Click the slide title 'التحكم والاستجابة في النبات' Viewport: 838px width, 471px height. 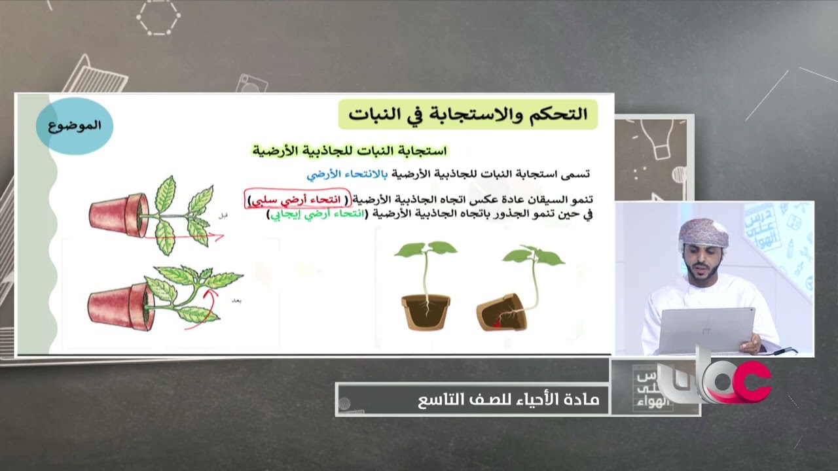point(467,115)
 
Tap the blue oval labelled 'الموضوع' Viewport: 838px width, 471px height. point(74,126)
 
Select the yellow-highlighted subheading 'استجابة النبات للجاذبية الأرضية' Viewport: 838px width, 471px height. point(350,151)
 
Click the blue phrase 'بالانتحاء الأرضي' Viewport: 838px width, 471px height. point(347,174)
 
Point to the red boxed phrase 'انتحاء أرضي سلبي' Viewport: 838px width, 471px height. point(297,199)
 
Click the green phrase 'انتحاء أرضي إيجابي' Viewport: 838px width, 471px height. point(317,215)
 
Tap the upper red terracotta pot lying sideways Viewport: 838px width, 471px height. point(118,214)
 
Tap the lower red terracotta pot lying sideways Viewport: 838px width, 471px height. point(118,304)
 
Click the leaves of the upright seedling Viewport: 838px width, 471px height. point(426,249)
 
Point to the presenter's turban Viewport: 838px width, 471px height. point(703,232)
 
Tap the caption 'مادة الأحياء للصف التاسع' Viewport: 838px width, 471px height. point(508,399)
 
